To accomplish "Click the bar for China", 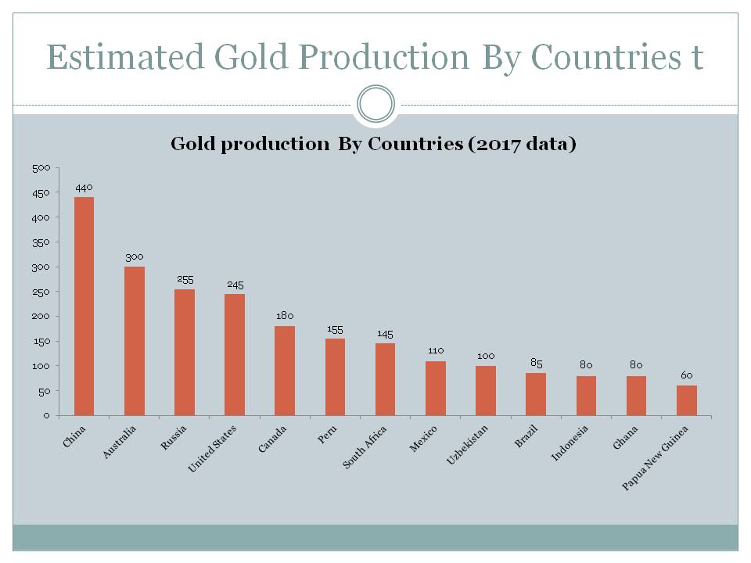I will [84, 306].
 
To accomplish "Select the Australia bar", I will [135, 341].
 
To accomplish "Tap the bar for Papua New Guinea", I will [686, 400].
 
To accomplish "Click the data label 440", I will [84, 188].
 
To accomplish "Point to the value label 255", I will [185, 279].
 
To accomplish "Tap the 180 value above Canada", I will [285, 316].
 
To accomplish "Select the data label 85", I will [536, 363].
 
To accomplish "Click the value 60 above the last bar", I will [686, 375].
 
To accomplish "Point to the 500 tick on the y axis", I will [41, 168].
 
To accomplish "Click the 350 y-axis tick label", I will [41, 242].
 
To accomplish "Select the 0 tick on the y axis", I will [47, 415].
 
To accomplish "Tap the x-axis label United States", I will [212, 448].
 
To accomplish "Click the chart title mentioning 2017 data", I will [373, 145].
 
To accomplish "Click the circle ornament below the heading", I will [375, 104].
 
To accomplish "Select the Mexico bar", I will [436, 388].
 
